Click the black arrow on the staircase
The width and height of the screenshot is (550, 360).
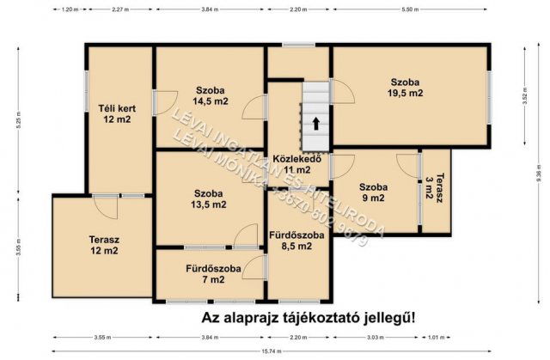tap(316, 122)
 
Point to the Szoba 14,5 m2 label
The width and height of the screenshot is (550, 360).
tap(211, 95)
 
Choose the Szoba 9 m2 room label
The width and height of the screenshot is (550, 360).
tap(373, 192)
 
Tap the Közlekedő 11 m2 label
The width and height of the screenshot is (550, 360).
tap(296, 164)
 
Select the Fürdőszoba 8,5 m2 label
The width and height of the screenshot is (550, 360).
tap(298, 240)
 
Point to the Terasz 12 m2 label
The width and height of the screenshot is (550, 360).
tap(103, 245)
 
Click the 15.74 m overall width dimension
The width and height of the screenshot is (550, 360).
tap(274, 351)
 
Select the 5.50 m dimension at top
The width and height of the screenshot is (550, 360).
tap(410, 9)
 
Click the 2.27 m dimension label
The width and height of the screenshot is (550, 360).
tap(120, 9)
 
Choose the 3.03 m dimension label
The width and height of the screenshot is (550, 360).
tap(375, 338)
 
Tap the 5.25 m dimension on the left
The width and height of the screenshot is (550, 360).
tap(17, 120)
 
